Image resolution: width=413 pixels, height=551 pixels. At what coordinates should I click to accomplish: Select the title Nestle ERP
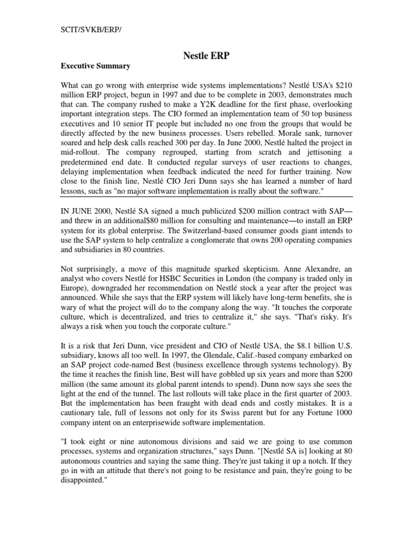(206, 55)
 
